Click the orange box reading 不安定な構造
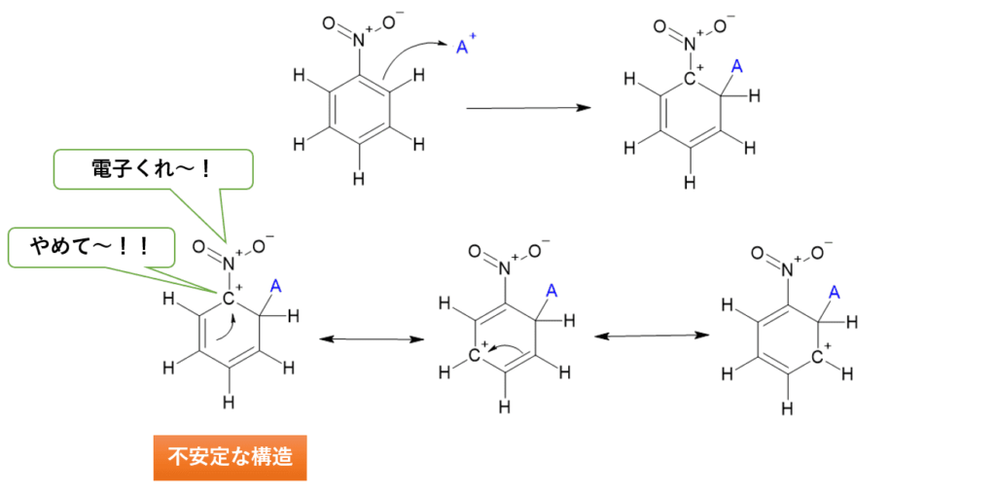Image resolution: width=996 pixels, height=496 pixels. click(x=230, y=457)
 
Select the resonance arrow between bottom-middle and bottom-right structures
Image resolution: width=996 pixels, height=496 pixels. click(x=651, y=336)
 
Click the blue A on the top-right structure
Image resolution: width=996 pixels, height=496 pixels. click(x=736, y=66)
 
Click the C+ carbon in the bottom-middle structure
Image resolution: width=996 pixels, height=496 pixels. click(x=478, y=355)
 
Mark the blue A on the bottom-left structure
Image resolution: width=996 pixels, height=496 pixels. click(x=275, y=286)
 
